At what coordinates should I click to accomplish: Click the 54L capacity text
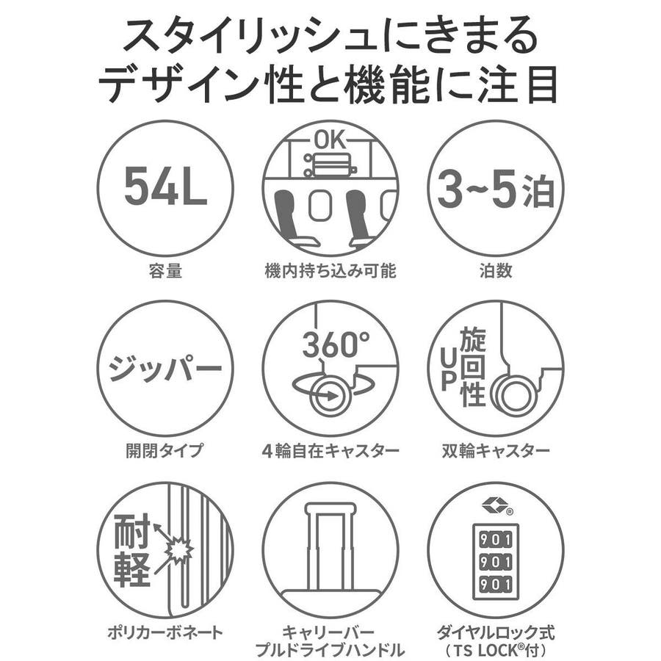(165, 186)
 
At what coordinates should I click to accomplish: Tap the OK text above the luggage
(330, 140)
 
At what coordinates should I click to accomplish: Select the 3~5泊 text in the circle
(496, 189)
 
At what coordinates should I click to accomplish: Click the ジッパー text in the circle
(165, 368)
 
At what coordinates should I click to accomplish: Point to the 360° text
(336, 344)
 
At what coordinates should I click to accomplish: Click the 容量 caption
(165, 270)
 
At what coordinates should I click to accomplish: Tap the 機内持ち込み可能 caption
(330, 270)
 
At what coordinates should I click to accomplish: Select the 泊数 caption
(496, 270)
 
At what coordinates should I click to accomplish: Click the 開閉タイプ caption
(165, 450)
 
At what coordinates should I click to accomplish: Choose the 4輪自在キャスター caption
(330, 451)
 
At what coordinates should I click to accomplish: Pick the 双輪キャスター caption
(496, 451)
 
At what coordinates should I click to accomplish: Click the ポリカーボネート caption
(165, 632)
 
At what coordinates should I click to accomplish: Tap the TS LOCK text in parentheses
(491, 650)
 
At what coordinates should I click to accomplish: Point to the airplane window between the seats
(320, 206)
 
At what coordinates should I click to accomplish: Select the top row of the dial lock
(496, 540)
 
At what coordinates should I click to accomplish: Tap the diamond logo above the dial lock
(494, 506)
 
